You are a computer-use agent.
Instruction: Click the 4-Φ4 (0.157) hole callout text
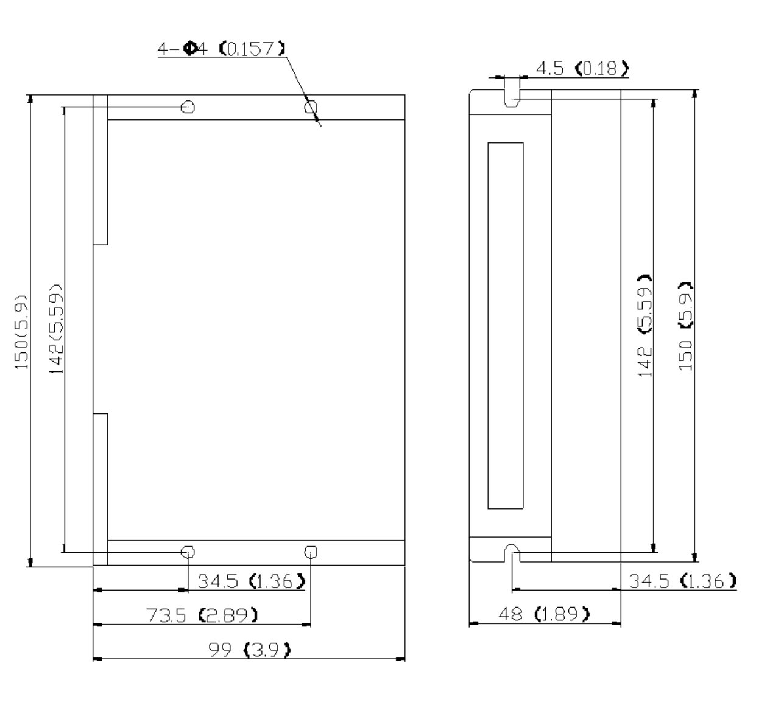click(x=222, y=49)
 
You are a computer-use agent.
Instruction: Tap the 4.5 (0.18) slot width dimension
click(x=582, y=68)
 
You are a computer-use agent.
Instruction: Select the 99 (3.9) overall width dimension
click(x=249, y=650)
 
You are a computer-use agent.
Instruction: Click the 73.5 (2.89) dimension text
click(x=202, y=615)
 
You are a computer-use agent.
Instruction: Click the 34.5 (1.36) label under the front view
click(x=252, y=581)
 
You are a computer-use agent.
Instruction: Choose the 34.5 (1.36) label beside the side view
click(x=683, y=581)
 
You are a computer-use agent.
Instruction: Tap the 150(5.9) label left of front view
click(x=21, y=332)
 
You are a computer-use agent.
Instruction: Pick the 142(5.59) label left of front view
click(x=55, y=329)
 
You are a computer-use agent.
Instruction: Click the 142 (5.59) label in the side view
click(x=644, y=325)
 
